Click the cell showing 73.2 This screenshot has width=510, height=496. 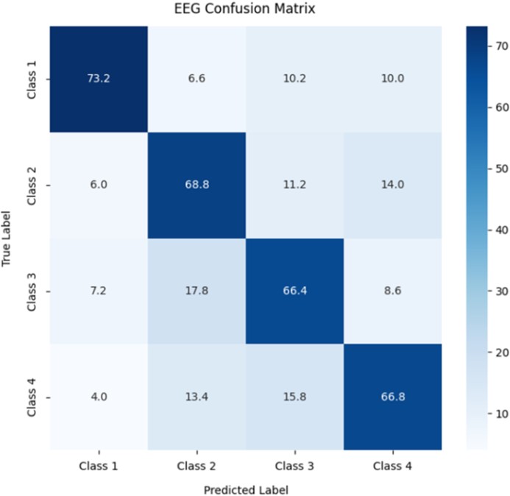(98, 79)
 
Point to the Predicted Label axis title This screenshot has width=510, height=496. (247, 488)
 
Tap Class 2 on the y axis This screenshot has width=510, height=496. (30, 185)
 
